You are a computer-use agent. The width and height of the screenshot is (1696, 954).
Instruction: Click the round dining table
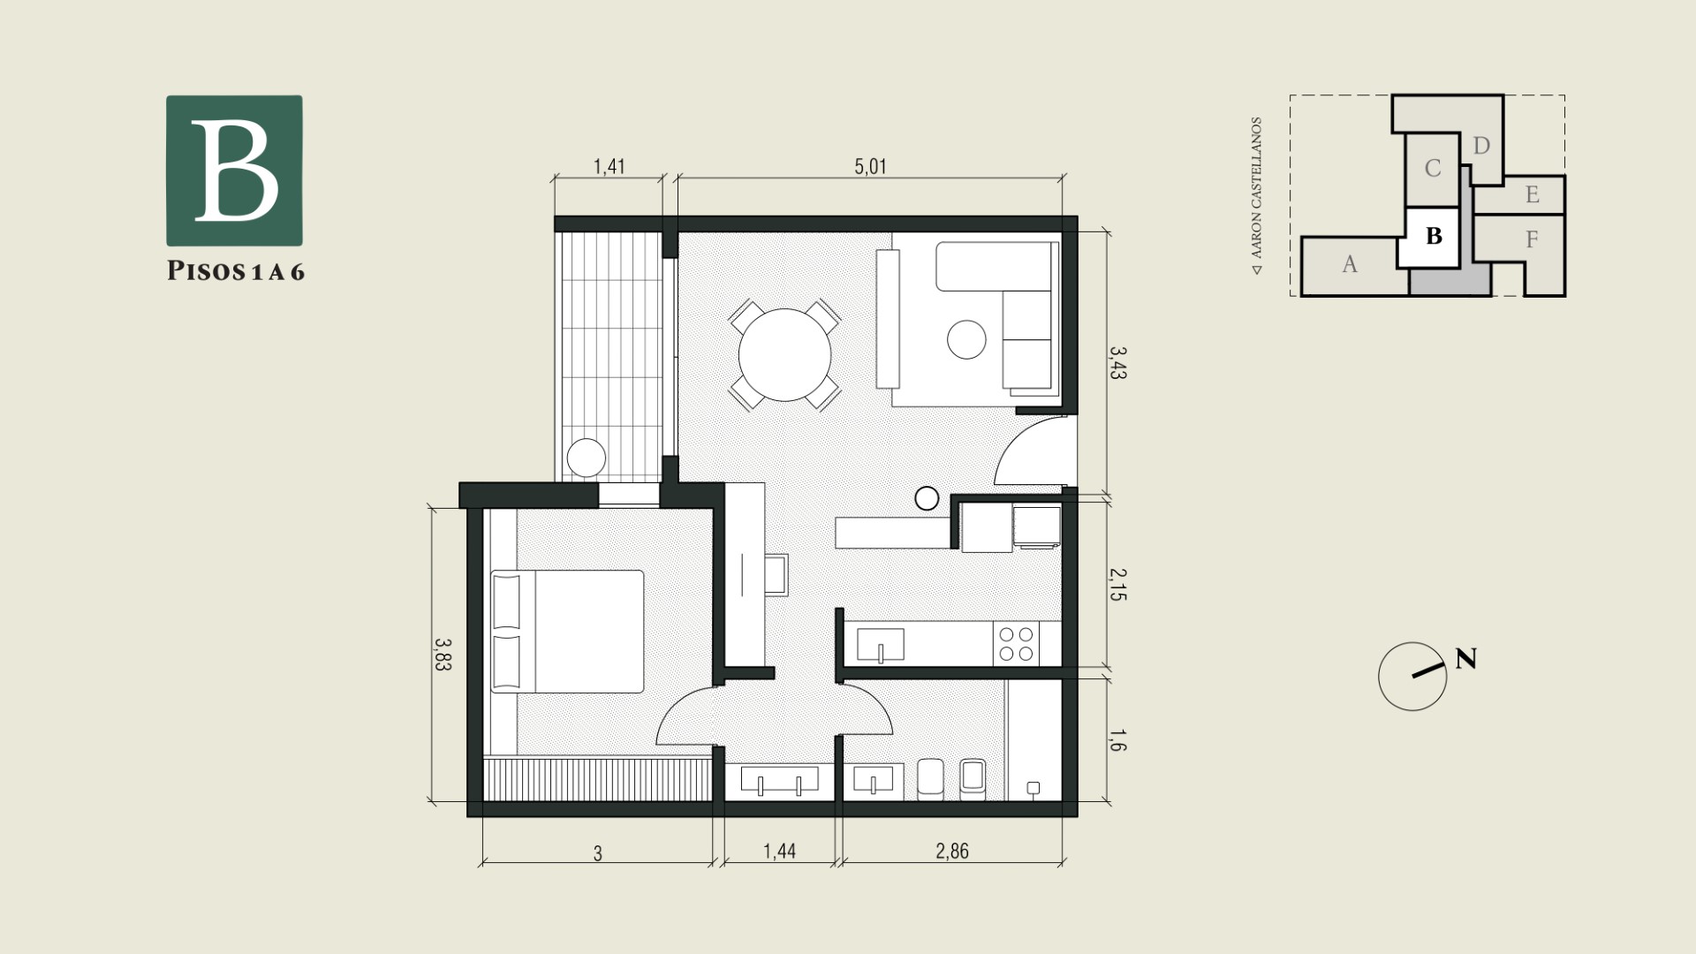click(784, 354)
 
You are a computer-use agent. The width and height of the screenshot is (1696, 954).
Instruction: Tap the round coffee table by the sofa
click(966, 339)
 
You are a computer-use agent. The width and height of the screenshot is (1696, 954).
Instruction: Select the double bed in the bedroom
click(567, 632)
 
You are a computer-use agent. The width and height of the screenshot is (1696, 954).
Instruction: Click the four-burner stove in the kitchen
click(1015, 644)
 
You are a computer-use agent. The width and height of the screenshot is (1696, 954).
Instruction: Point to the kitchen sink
click(881, 645)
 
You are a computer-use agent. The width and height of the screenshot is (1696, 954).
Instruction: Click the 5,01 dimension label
click(871, 166)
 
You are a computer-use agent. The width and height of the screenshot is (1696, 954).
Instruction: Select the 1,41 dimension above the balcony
click(609, 166)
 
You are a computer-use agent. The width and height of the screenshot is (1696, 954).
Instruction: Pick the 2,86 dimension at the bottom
click(952, 851)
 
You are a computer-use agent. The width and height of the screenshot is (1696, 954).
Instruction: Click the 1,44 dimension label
click(780, 851)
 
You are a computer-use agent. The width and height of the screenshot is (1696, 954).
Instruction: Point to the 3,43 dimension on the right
click(1117, 362)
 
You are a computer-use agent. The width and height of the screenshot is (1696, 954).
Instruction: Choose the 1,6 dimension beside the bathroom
click(1117, 741)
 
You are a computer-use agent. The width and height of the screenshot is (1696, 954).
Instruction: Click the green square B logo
click(235, 170)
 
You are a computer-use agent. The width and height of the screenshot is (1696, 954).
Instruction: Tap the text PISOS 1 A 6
click(236, 271)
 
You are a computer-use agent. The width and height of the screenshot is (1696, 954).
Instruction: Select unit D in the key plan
click(1481, 146)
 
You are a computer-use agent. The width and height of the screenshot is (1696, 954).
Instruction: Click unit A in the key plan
click(1350, 264)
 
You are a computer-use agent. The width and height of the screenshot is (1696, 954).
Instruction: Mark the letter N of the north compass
click(1465, 659)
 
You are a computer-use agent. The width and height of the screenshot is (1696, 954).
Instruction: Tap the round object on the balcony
click(587, 458)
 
